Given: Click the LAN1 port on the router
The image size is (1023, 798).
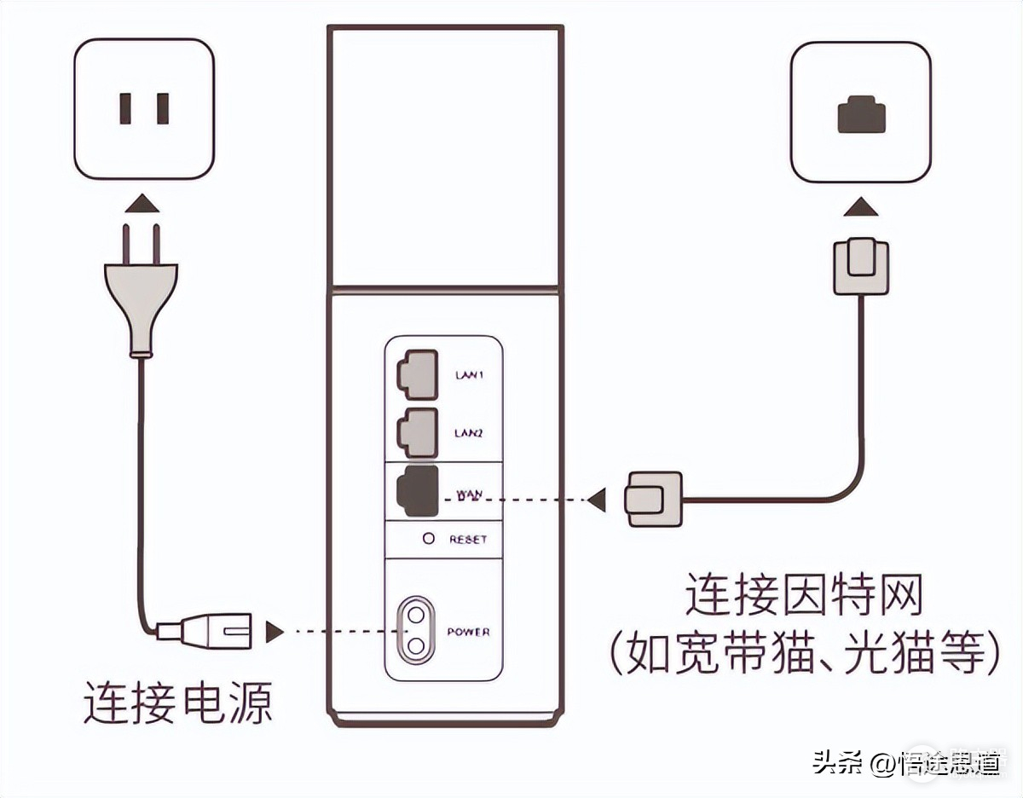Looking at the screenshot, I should pyautogui.click(x=416, y=374).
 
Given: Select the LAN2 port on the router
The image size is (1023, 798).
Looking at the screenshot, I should pyautogui.click(x=416, y=433).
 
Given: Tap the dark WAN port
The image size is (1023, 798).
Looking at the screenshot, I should pyautogui.click(x=417, y=492).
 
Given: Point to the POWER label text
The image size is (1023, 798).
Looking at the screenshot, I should pyautogui.click(x=469, y=632).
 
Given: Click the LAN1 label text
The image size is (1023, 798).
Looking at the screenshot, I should pyautogui.click(x=469, y=375).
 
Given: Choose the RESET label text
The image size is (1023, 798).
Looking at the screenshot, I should pyautogui.click(x=468, y=540).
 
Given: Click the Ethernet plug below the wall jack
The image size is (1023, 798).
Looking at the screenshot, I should pyautogui.click(x=861, y=266).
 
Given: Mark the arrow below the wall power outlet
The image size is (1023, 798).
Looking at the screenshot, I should pyautogui.click(x=141, y=205).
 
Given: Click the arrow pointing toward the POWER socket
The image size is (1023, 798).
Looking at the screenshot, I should pyautogui.click(x=275, y=632).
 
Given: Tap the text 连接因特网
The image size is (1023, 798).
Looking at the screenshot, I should pyautogui.click(x=805, y=596).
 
